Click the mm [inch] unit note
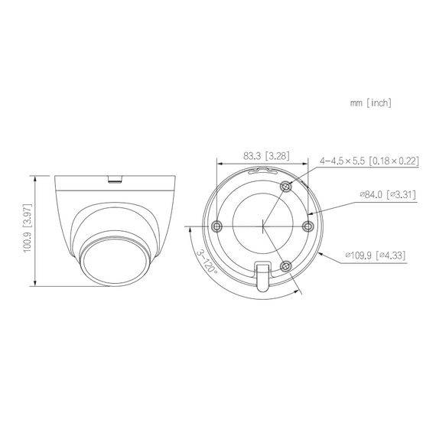370,102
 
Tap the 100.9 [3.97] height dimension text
27,232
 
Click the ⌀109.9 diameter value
360,254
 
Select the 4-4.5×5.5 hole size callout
343,161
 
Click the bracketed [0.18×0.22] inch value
394,161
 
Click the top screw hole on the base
286,187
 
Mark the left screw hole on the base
217,226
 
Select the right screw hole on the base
308,226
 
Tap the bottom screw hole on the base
286,265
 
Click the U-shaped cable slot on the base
262,274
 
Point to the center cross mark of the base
262,226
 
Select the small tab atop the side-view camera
116,181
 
